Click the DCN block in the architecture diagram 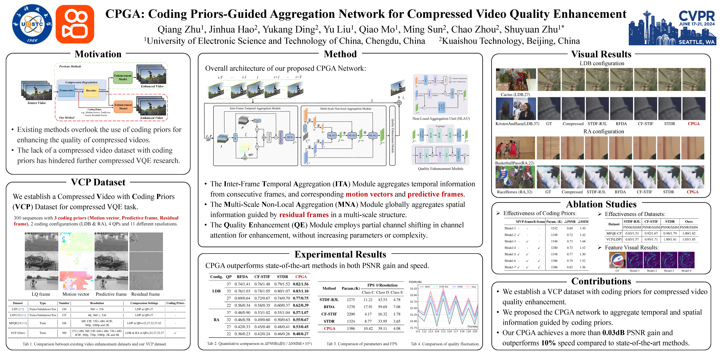[x=290, y=137]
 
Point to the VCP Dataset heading [x=98, y=182]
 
